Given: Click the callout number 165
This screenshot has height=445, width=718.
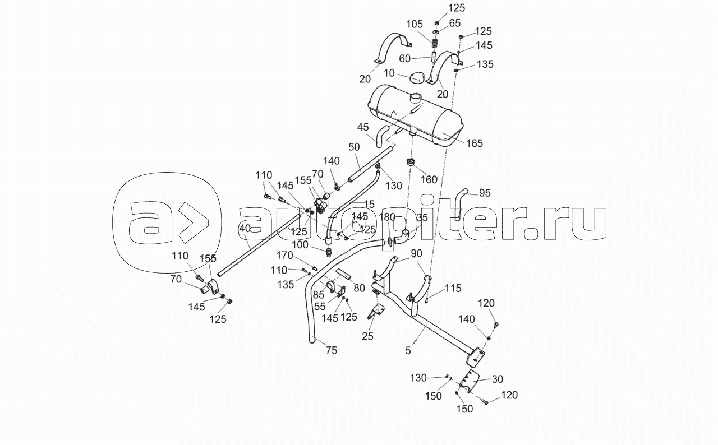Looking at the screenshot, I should [x=474, y=144].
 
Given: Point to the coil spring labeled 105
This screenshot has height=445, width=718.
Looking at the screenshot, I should [x=435, y=42].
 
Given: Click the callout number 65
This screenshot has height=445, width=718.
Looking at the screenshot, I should [x=455, y=23].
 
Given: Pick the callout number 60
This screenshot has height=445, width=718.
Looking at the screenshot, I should [x=405, y=58].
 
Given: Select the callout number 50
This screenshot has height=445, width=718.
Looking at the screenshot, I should [x=354, y=146].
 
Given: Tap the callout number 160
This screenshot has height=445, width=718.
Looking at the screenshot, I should [x=429, y=180].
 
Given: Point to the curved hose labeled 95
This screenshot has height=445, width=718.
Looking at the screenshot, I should [x=463, y=199].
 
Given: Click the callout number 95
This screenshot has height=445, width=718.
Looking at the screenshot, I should [x=485, y=193].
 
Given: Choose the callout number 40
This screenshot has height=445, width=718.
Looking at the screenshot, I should [x=244, y=228].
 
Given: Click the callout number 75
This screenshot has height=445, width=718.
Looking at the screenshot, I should [x=331, y=351].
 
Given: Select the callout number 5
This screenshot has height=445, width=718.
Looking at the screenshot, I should [x=408, y=351].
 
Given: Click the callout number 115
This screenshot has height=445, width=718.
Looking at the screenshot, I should [x=453, y=288].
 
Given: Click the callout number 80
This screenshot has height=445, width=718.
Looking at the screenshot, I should [x=360, y=288].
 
